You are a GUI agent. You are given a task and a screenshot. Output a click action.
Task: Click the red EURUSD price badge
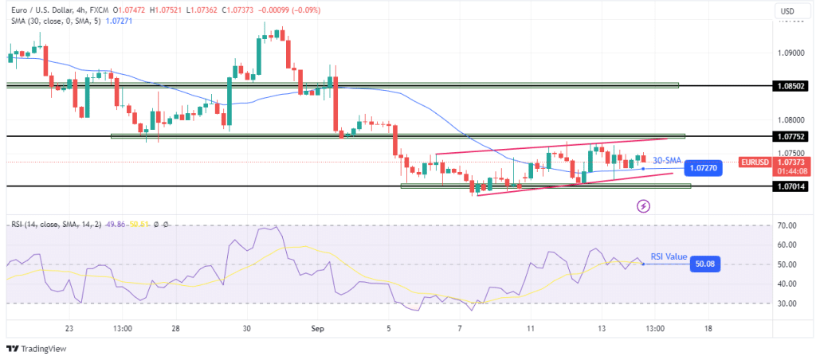754,162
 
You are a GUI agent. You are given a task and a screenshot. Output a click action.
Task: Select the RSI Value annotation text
668,256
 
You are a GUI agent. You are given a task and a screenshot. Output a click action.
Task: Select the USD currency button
788,11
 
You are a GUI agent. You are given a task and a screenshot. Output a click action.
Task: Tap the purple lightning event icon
643,206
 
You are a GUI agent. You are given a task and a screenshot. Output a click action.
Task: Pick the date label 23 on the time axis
69,328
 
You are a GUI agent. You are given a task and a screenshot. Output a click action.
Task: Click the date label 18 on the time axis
708,328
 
